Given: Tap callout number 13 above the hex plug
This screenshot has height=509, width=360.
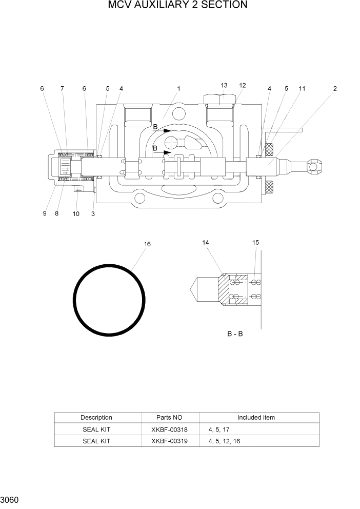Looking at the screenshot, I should tap(224, 85).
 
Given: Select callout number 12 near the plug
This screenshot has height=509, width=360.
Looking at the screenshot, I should tap(243, 85).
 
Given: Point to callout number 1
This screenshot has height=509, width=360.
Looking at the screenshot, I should tap(178, 89).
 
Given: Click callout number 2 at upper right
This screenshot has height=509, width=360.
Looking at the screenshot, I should tap(335, 89).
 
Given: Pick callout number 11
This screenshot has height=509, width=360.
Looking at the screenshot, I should tap(302, 89).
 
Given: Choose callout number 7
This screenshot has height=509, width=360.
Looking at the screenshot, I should tap(62, 89).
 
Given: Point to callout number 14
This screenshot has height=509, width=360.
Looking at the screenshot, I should tap(206, 242).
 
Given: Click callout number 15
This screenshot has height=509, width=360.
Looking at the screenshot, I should tap(256, 242).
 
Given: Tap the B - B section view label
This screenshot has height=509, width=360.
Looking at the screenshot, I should tap(235, 334).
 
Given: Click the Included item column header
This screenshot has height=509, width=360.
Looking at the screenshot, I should tap(256, 417).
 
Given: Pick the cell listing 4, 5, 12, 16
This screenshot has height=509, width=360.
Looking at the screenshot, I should tap(224, 441).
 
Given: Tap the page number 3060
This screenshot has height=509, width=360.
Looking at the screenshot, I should tap(10, 499).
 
